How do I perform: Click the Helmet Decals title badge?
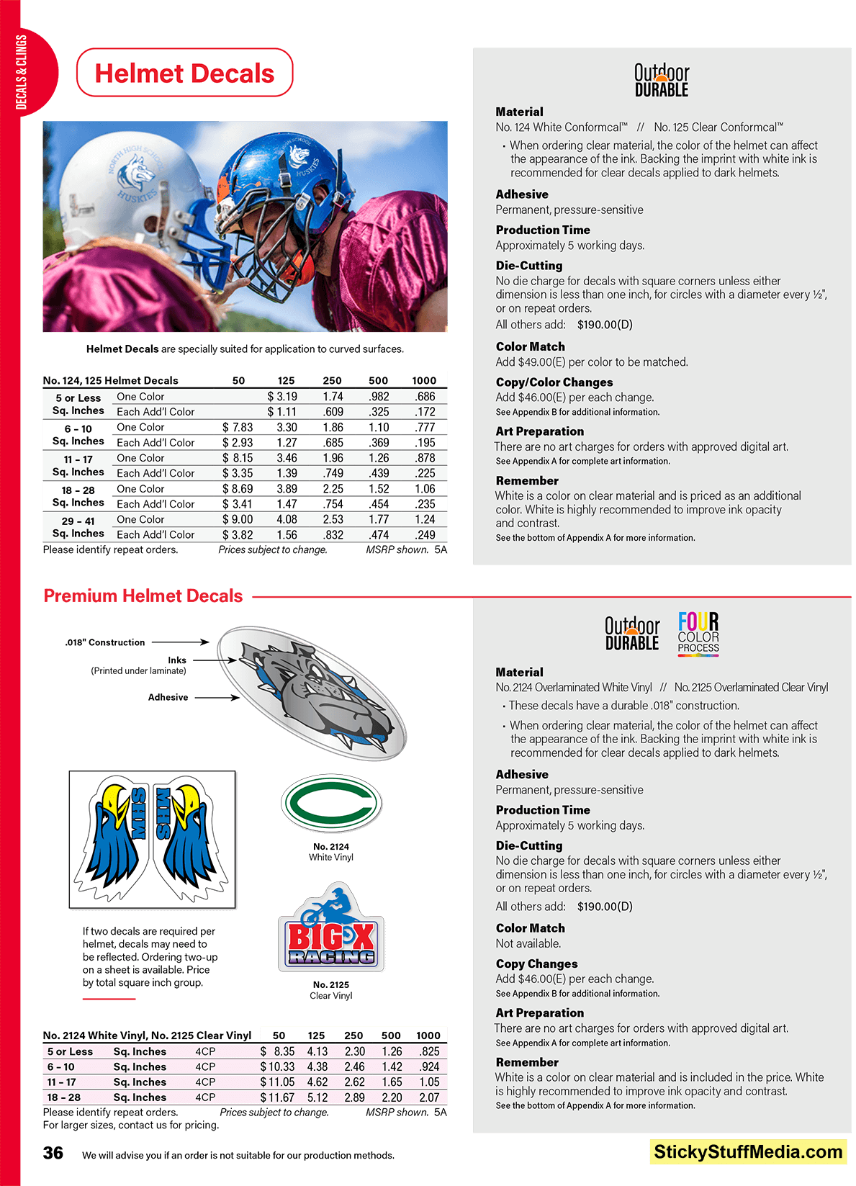(x=184, y=73)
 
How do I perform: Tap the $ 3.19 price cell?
(x=282, y=397)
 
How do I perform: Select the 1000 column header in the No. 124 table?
(x=424, y=380)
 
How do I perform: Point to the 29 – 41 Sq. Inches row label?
(x=78, y=527)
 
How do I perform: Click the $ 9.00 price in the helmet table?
(x=238, y=519)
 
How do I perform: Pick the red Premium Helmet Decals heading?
(x=143, y=596)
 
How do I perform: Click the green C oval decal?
(x=331, y=803)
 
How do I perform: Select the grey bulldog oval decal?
(x=313, y=693)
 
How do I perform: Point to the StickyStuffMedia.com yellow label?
(x=748, y=1152)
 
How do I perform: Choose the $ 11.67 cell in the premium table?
(x=277, y=1097)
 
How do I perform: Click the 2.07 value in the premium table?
(x=429, y=1097)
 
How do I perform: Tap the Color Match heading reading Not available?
(x=531, y=928)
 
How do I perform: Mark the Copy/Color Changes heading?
(x=554, y=382)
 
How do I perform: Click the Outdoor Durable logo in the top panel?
(x=662, y=80)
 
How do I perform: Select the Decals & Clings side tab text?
(x=21, y=72)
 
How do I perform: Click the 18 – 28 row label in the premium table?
(x=64, y=1097)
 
